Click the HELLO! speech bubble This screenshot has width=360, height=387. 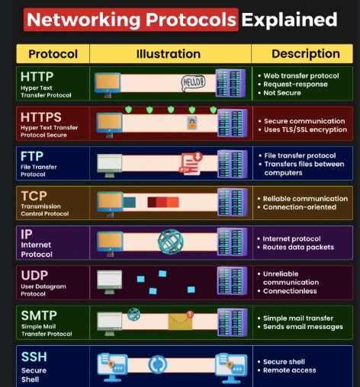(193, 83)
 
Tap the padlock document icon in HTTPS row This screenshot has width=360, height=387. (192, 123)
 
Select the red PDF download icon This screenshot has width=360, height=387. (191, 164)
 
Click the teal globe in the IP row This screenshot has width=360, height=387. (171, 241)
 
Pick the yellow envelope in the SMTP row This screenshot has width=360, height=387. (180, 321)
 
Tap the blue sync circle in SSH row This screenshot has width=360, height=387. (158, 365)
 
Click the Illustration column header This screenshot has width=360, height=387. (169, 54)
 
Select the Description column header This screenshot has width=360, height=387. (306, 53)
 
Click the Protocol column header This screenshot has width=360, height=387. (53, 54)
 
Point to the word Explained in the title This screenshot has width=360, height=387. (289, 20)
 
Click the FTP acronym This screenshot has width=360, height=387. (32, 156)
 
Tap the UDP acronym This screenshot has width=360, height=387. (34, 275)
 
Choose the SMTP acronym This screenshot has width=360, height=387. (39, 315)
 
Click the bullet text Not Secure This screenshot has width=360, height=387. (282, 93)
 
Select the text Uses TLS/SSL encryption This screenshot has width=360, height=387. (305, 130)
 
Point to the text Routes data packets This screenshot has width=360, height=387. (298, 247)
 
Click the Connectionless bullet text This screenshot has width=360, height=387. (290, 291)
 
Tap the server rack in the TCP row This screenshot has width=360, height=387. (233, 202)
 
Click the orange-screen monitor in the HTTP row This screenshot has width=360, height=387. (108, 85)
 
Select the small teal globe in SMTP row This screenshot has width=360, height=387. (133, 314)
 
